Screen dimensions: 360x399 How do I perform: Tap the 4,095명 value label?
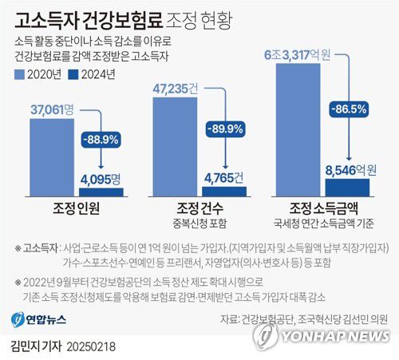pyautogui.click(x=100, y=178)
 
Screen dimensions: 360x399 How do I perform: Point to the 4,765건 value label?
pyautogui.click(x=224, y=177)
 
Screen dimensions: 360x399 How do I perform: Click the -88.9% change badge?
pyautogui.click(x=100, y=138)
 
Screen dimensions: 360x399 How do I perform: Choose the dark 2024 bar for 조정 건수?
pyautogui.click(x=224, y=191)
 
